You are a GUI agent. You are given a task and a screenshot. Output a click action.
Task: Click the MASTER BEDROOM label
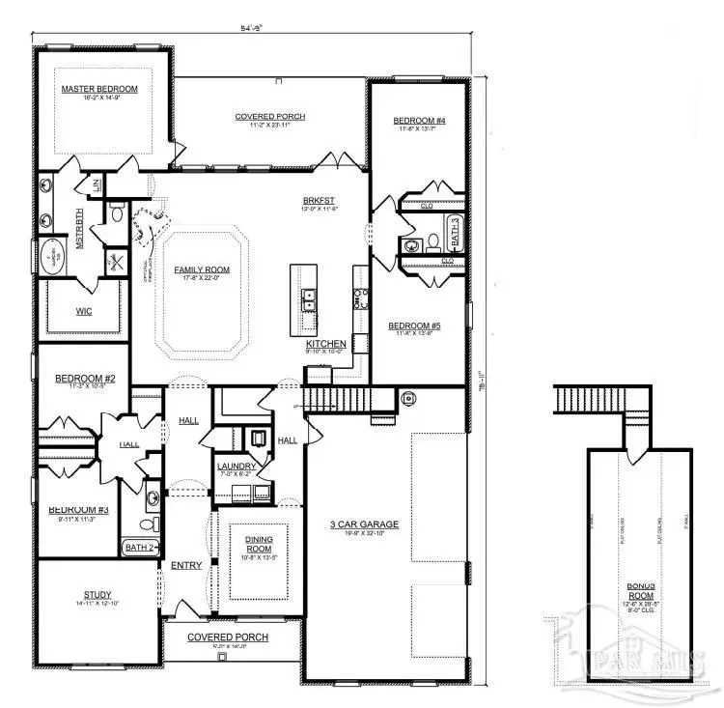pyautogui.click(x=99, y=89)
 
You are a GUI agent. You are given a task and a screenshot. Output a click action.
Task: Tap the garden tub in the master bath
pyautogui.click(x=47, y=253)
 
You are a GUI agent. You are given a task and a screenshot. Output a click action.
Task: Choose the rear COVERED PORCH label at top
pyautogui.click(x=270, y=117)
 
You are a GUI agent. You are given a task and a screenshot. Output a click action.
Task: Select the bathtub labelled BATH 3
pyautogui.click(x=454, y=233)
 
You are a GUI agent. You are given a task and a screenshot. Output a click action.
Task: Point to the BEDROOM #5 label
pyautogui.click(x=415, y=326)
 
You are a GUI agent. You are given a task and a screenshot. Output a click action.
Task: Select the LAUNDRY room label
pyautogui.click(x=236, y=467)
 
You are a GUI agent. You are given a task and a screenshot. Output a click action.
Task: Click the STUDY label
pyautogui.click(x=97, y=595)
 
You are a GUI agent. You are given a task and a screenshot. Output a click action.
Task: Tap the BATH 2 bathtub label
pyautogui.click(x=139, y=548)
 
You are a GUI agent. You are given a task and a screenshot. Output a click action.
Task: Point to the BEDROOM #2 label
pyautogui.click(x=85, y=379)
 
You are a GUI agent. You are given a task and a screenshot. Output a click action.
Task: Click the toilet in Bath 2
pyautogui.click(x=148, y=524)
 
